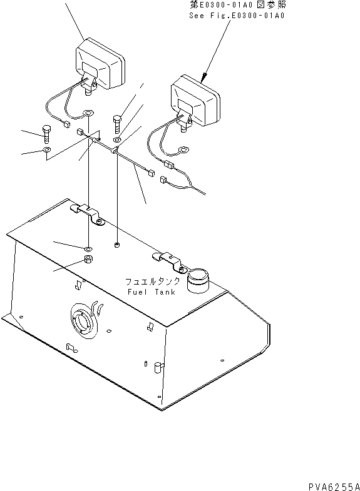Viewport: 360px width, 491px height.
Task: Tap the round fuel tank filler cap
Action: point(198,280)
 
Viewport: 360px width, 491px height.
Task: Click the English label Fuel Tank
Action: point(152,292)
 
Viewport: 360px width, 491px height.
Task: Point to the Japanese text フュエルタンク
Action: point(153,281)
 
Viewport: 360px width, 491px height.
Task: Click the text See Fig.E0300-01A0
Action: point(237,16)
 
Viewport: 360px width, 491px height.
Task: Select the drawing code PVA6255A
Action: point(334,487)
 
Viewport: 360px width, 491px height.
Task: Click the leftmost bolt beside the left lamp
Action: point(46,133)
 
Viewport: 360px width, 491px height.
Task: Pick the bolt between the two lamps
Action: point(117,123)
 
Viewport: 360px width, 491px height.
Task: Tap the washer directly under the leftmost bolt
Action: point(46,149)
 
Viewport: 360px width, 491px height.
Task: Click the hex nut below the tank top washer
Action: point(88,259)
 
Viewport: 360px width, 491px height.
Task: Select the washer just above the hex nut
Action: point(88,249)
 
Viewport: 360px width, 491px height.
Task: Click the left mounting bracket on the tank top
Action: point(88,213)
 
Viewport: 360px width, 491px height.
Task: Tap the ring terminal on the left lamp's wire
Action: point(88,113)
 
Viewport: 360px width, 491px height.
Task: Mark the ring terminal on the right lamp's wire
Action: point(183,150)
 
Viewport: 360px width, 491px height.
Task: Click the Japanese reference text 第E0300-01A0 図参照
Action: point(238,4)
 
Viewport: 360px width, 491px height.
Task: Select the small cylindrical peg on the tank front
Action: point(158,367)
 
